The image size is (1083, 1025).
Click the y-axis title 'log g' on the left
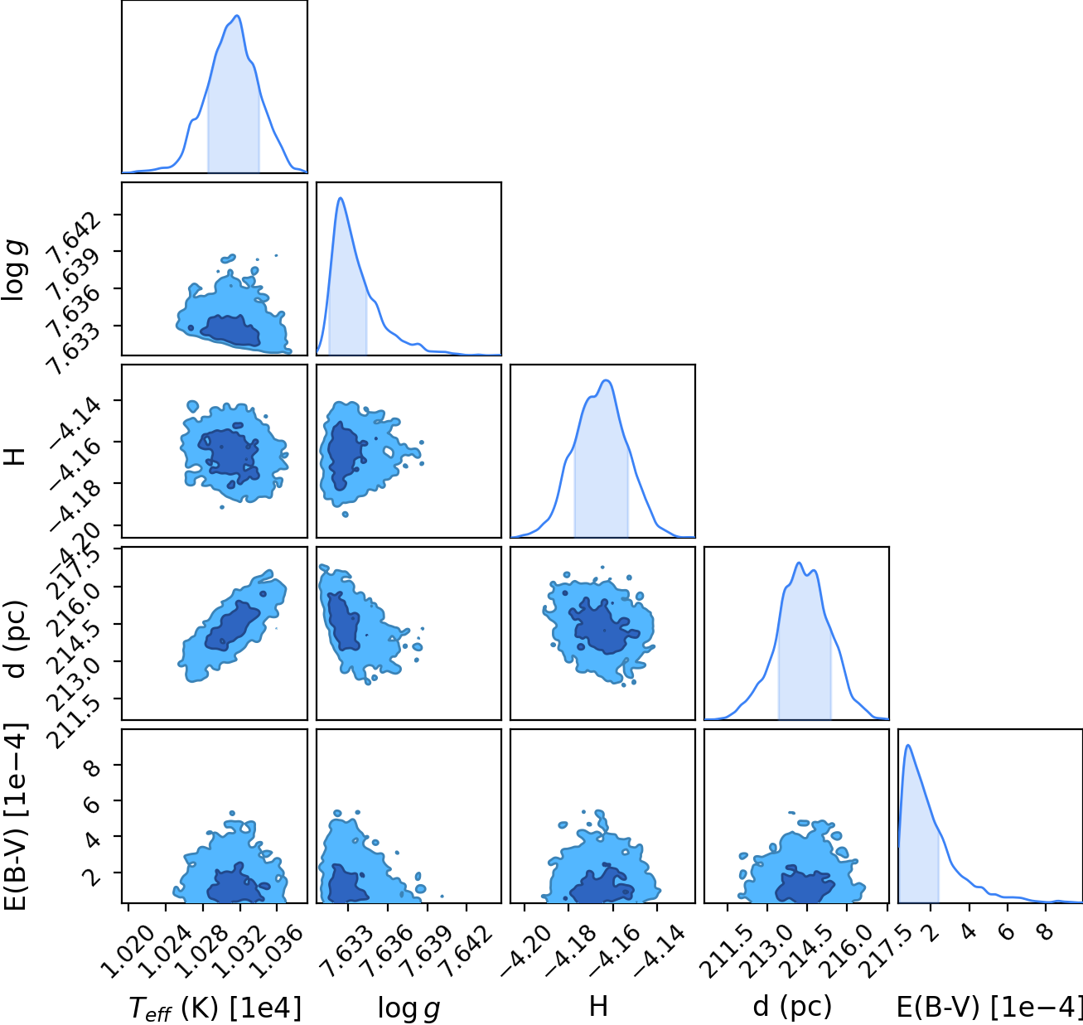[x=14, y=269]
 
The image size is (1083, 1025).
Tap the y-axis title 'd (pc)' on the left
[x=14, y=639]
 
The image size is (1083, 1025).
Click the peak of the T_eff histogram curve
[x=237, y=16]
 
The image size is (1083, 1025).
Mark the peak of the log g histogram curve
[x=341, y=198]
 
